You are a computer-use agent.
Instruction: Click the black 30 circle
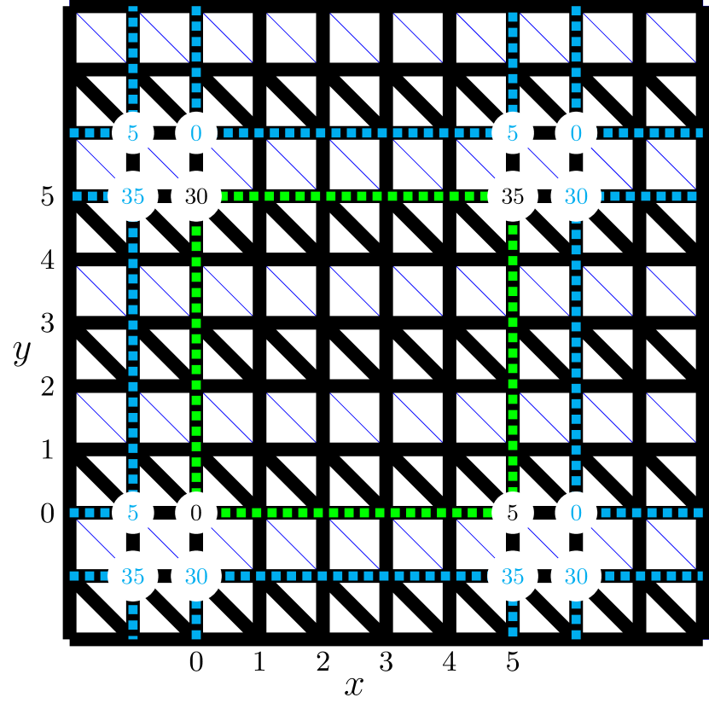click(x=196, y=196)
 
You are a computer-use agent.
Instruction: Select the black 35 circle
click(x=512, y=196)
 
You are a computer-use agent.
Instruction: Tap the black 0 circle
click(x=196, y=513)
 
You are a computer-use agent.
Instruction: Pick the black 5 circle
click(x=512, y=513)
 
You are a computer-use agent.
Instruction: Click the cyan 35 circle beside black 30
click(x=132, y=196)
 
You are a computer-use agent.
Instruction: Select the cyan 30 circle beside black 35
click(x=576, y=196)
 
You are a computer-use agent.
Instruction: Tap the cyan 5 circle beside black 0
click(x=132, y=513)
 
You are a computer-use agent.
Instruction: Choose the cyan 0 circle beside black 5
click(x=576, y=513)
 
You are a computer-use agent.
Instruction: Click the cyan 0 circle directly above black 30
click(x=196, y=133)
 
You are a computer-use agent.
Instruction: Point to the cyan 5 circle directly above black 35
click(x=512, y=133)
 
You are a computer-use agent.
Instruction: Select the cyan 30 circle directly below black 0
click(x=196, y=577)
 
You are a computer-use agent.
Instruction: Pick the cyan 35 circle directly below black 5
click(x=512, y=577)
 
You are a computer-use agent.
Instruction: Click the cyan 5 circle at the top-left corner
click(x=132, y=133)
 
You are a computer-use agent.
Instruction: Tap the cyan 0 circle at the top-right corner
click(x=576, y=133)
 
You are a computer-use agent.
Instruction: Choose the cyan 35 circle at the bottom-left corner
click(x=132, y=577)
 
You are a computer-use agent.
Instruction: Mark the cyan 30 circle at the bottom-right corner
click(x=576, y=577)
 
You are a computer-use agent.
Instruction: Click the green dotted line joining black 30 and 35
click(x=354, y=196)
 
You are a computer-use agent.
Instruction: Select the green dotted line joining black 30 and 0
click(x=196, y=354)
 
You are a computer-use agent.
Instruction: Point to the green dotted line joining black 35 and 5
click(x=512, y=354)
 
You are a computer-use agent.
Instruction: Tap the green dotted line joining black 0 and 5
click(x=354, y=513)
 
